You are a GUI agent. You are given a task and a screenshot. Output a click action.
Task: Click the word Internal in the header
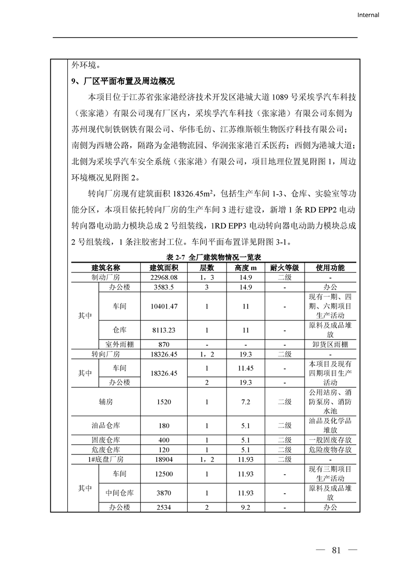pos(368,15)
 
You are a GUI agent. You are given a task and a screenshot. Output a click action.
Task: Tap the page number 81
pos(337,550)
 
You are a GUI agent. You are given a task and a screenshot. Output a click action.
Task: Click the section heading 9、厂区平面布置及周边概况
pos(123,81)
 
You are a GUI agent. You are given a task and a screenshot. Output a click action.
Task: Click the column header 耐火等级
pos(284,268)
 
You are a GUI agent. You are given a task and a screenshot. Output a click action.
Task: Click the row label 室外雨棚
pos(119,344)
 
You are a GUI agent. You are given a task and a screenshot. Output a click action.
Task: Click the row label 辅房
pos(105,402)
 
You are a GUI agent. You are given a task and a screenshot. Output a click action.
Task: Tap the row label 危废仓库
pos(105,449)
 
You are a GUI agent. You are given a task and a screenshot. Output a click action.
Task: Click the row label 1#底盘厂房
pos(105,459)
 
